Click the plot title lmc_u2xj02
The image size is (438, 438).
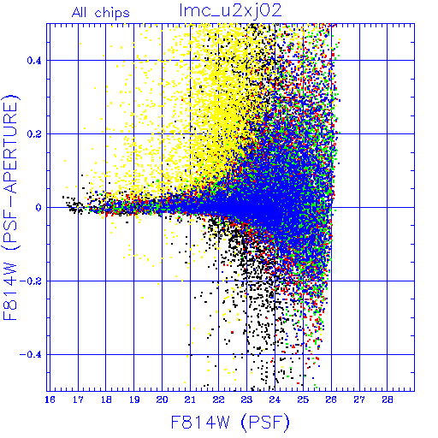(230, 11)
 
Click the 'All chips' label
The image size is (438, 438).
(101, 13)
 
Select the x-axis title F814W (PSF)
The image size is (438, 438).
(230, 423)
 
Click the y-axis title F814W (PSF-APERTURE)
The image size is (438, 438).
(10, 207)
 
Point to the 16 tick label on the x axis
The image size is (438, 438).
(50, 400)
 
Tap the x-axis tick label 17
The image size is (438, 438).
(78, 400)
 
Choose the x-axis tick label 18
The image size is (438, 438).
(106, 400)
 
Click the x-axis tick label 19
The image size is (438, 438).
(134, 400)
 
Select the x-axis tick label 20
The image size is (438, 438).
(163, 400)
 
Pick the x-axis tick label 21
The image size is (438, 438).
(190, 400)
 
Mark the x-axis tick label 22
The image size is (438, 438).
(218, 400)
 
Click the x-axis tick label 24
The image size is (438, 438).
(275, 400)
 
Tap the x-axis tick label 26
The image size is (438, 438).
(331, 400)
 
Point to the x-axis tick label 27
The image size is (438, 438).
(359, 400)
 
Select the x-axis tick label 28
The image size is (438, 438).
(388, 400)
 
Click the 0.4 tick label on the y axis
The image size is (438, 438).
(34, 61)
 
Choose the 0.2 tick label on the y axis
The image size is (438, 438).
(34, 134)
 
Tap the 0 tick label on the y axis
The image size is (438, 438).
(38, 208)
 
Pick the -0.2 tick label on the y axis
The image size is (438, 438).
(31, 281)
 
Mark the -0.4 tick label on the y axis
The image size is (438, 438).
(31, 355)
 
